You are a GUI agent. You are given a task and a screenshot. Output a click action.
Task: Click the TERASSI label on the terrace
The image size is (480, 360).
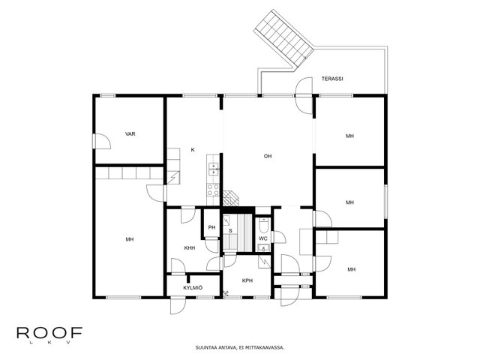pos(332,79)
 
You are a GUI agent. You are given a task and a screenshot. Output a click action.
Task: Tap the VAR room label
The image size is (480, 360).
pos(130,133)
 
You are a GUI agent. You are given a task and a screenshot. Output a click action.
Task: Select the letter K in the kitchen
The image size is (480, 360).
pos(193,150)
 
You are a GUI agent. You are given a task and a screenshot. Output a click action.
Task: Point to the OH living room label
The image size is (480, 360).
pos(268,156)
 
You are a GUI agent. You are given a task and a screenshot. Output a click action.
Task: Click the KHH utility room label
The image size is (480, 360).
pos(190,248)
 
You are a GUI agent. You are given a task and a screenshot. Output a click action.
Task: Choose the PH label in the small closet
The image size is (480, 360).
pos(211,227)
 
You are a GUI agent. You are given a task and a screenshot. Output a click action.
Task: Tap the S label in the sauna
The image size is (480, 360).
pos(230,230)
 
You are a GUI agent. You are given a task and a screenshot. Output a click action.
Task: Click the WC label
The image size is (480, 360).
pos(263,238)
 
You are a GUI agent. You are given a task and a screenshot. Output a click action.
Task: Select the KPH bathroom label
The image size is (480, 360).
pos(247,280)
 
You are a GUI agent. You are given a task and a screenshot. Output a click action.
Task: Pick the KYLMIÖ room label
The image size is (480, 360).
pos(193,288)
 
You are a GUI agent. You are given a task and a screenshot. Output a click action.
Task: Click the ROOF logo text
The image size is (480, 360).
pos(49,333)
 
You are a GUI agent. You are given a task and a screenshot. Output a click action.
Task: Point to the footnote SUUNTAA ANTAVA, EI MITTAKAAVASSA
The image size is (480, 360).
pos(240,347)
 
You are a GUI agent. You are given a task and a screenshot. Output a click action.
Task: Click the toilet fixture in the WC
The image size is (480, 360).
pos(263,225)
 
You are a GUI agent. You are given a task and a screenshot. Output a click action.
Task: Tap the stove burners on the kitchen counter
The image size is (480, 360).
pos(213,190)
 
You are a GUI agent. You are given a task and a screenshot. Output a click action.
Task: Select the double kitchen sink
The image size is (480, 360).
pos(213,169)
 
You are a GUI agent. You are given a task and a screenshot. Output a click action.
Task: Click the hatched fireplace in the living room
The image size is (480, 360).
pos(231,198)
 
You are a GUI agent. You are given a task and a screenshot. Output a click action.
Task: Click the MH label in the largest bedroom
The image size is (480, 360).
pos(130,239)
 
